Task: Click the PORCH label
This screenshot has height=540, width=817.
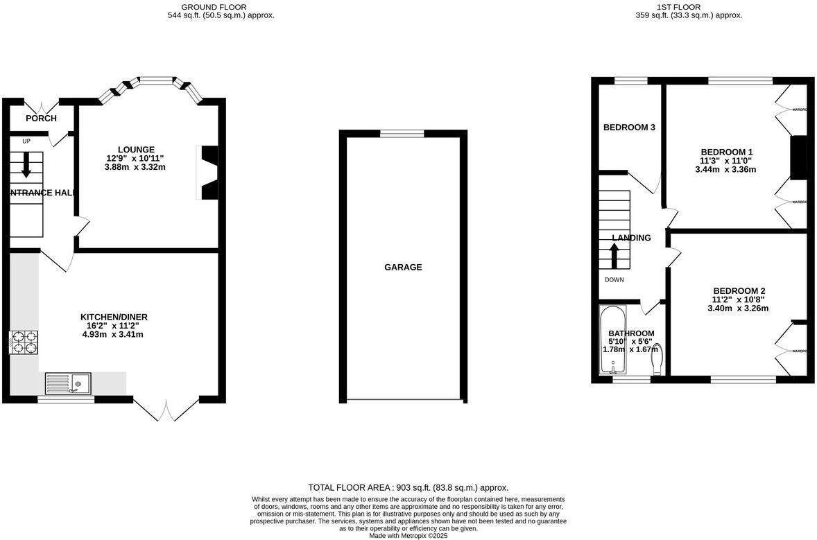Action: tap(41, 119)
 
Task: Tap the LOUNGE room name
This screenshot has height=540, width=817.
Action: tap(136, 149)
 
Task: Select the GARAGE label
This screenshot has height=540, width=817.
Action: tap(403, 267)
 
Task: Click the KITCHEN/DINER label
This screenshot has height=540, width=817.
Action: tap(114, 317)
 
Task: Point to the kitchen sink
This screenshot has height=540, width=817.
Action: tap(68, 383)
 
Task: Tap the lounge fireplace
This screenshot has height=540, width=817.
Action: tap(209, 173)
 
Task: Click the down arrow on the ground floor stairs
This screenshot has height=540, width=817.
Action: tap(26, 164)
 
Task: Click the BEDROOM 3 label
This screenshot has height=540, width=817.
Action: tap(629, 128)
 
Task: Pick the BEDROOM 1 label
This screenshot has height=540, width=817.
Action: tap(726, 152)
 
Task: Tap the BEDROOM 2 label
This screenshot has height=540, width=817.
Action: tap(739, 290)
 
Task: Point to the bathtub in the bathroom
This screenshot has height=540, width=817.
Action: tap(612, 340)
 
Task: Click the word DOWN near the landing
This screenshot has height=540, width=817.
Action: tap(614, 280)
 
